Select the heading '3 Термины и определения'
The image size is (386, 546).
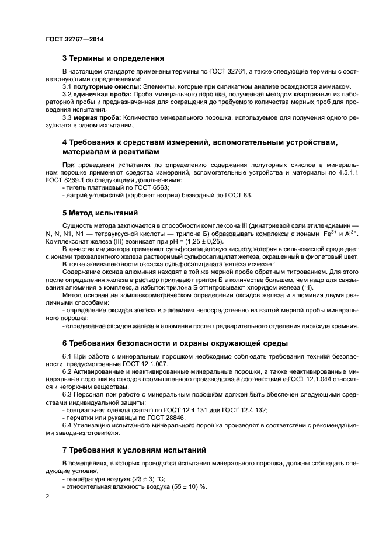tap(113, 58)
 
